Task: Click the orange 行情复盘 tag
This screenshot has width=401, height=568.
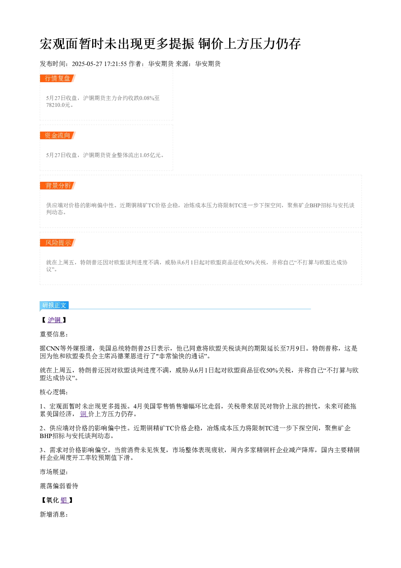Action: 58,78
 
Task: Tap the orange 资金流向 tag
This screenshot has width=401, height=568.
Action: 58,135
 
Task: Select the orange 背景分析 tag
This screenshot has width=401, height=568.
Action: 58,185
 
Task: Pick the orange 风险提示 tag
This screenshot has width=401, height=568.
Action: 58,243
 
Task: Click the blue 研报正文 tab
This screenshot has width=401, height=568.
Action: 54,305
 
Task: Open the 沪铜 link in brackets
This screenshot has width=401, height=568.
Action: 55,320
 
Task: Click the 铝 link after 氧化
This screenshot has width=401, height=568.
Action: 64,500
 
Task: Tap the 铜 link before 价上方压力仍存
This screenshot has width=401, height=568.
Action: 84,414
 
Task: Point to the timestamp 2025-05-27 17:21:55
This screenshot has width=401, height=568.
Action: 99,64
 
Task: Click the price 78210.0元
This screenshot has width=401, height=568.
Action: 58,105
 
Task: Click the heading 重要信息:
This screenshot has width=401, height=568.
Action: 54,334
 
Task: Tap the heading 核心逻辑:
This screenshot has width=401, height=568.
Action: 54,392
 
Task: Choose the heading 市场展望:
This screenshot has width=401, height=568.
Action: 54,472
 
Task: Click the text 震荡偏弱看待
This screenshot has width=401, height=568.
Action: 59,486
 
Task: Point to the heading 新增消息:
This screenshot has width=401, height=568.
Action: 54,515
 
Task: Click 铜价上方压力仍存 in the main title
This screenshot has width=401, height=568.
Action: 249,44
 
